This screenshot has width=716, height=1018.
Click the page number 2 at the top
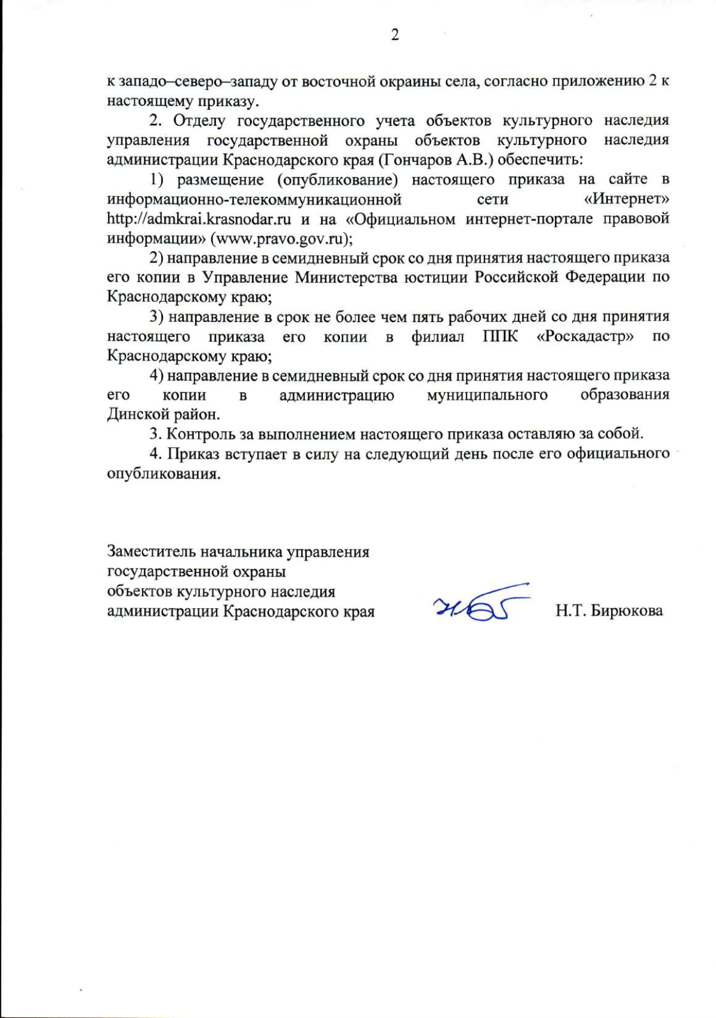pos(394,35)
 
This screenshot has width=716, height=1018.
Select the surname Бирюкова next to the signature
pos(626,611)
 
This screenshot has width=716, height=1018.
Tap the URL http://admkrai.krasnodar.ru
pos(199,219)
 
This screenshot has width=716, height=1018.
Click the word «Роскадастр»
pos(584,336)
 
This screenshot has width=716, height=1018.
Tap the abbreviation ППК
pos(500,336)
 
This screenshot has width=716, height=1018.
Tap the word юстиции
pos(436,277)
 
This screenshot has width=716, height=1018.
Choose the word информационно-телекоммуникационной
pos(254,199)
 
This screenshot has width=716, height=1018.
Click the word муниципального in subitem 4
pos(487,395)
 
